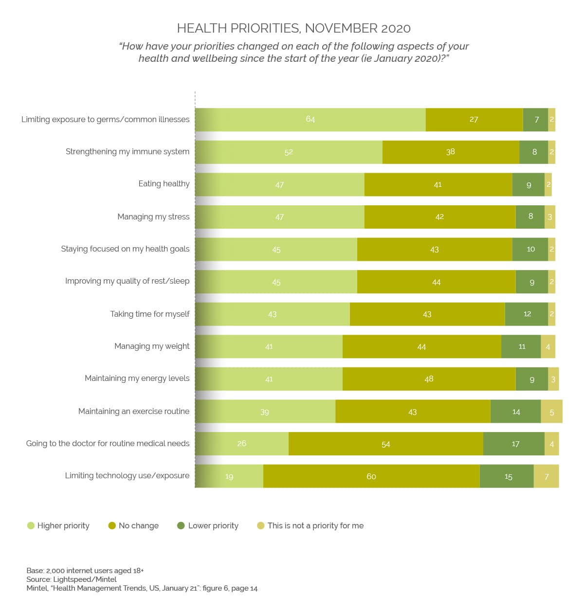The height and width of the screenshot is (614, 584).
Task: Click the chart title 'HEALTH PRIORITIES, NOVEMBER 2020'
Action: pyautogui.click(x=293, y=28)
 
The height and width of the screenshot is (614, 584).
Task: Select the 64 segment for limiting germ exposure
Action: pyautogui.click(x=310, y=120)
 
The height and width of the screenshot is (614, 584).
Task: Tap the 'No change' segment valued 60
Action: pyautogui.click(x=371, y=476)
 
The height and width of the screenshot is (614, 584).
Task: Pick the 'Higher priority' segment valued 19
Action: pyautogui.click(x=229, y=476)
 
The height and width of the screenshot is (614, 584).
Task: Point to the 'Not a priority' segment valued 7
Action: pyautogui.click(x=546, y=476)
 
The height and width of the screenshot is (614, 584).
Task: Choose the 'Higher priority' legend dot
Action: pyautogui.click(x=31, y=525)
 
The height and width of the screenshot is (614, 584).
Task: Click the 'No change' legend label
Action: pyautogui.click(x=139, y=525)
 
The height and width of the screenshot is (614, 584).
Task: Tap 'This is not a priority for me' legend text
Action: pyautogui.click(x=315, y=525)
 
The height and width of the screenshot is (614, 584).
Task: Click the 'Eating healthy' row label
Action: pyautogui.click(x=164, y=184)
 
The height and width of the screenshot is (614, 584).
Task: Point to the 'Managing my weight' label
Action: pyautogui.click(x=152, y=346)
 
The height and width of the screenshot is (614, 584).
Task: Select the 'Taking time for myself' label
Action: pyautogui.click(x=150, y=314)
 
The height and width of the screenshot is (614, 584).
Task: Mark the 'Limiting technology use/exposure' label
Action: pyautogui.click(x=127, y=476)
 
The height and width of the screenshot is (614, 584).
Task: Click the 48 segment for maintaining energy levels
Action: pyautogui.click(x=429, y=379)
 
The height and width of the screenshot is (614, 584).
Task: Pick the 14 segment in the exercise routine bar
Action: pyautogui.click(x=515, y=412)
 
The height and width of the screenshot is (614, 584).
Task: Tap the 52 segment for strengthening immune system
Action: pyautogui.click(x=289, y=152)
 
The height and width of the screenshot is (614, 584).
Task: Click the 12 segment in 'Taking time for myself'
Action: pyautogui.click(x=527, y=314)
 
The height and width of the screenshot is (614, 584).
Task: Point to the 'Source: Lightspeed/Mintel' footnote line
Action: pyautogui.click(x=72, y=579)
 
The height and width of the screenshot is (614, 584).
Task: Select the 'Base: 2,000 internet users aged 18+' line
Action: pyautogui.click(x=85, y=571)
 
